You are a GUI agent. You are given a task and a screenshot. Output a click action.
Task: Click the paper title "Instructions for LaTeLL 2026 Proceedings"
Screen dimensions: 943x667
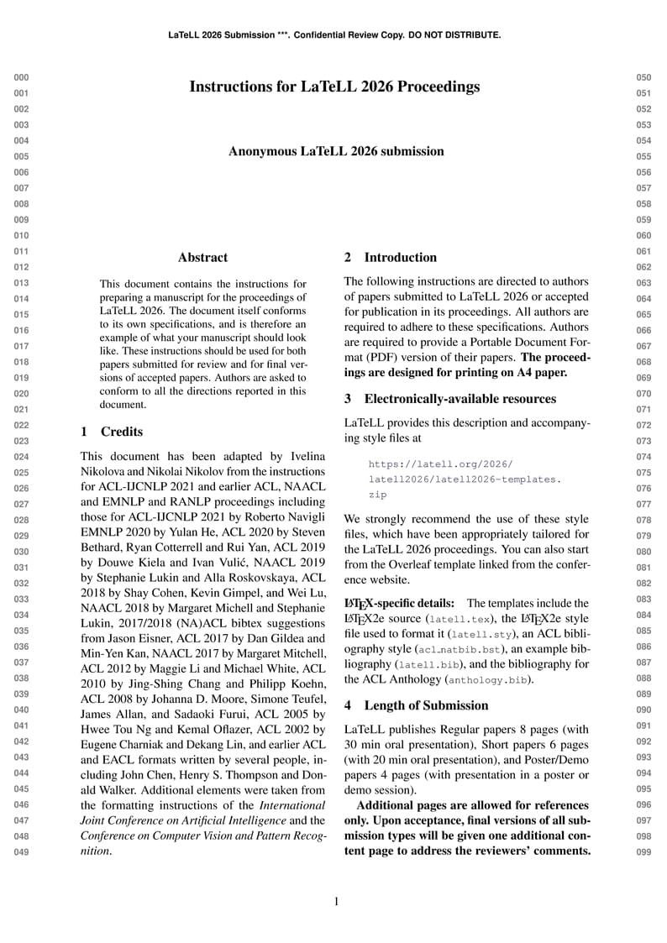pyautogui.click(x=334, y=86)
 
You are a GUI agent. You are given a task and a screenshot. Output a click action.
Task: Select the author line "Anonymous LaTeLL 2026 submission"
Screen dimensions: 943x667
pyautogui.click(x=336, y=151)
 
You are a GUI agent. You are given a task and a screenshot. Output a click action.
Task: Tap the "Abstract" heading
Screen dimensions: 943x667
pyautogui.click(x=202, y=258)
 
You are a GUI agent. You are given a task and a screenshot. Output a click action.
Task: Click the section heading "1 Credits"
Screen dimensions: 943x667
pyautogui.click(x=112, y=432)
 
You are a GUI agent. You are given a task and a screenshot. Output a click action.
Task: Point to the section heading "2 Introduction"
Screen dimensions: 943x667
pyautogui.click(x=391, y=258)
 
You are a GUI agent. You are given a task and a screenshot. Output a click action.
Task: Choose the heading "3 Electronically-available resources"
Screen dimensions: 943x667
pyautogui.click(x=449, y=399)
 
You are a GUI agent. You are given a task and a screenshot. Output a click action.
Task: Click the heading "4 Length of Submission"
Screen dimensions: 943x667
pyautogui.click(x=416, y=705)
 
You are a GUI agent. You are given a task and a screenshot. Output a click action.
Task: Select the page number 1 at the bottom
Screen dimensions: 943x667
pyautogui.click(x=336, y=902)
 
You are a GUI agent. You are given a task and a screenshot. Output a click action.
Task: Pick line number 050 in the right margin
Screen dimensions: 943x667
pyautogui.click(x=643, y=77)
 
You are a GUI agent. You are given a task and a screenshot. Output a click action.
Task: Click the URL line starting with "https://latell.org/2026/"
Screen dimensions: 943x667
pyautogui.click(x=440, y=464)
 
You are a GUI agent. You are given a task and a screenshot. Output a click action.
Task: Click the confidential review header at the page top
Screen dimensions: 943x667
pyautogui.click(x=334, y=35)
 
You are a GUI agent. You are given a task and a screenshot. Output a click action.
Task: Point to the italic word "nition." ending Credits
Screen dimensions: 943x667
pyautogui.click(x=95, y=851)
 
